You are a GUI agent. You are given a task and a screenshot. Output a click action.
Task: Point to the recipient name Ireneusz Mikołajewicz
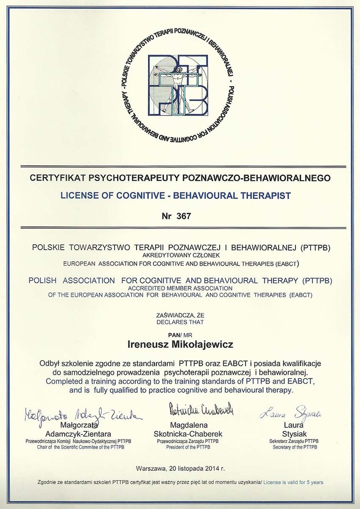(180, 345)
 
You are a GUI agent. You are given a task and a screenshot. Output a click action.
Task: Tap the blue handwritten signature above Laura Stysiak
(290, 413)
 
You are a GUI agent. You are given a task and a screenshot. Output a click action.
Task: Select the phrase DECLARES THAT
(180, 322)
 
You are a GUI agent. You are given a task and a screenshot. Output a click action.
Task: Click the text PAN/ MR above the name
(180, 334)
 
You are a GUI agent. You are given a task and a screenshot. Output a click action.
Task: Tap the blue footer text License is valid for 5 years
(293, 483)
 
